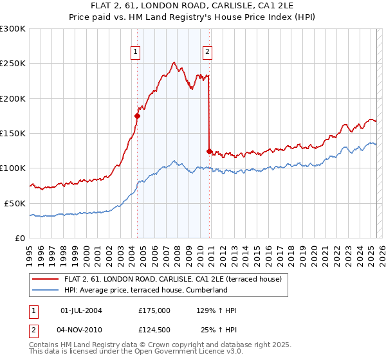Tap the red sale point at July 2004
(137, 116)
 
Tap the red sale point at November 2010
(209, 151)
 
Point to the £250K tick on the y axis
(13, 64)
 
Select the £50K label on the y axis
(15, 203)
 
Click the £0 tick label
(21, 238)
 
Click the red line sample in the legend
(46, 280)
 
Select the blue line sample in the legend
(46, 291)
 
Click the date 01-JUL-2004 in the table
(81, 310)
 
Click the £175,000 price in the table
(154, 310)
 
